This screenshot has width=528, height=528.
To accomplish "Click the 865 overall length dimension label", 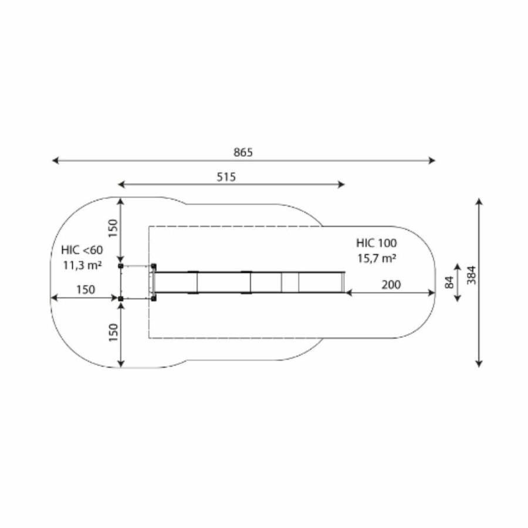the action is click(x=243, y=153).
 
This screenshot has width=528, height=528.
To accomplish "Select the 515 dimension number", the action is click(x=226, y=177).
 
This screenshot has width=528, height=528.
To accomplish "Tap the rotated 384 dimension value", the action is click(x=472, y=275).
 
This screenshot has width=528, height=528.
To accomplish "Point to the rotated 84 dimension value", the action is click(x=449, y=282).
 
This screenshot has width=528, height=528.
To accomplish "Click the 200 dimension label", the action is click(x=391, y=285).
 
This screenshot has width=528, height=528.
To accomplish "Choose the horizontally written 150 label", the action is click(x=86, y=290).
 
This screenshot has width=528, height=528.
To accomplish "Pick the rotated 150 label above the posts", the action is click(x=113, y=228).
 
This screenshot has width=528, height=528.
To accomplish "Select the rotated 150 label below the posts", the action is click(x=113, y=333).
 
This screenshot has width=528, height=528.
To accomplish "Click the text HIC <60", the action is click(x=82, y=250).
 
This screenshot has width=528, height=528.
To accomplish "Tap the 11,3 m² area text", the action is click(x=83, y=265).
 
